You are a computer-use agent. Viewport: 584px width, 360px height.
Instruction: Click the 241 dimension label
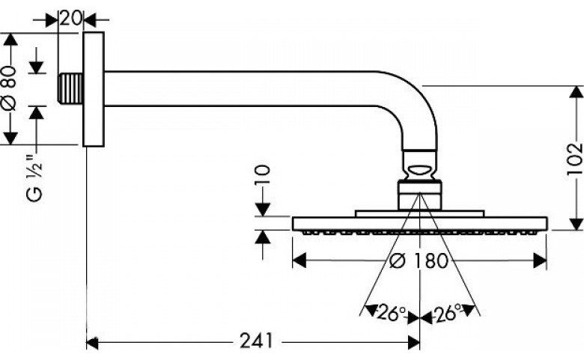(256, 341)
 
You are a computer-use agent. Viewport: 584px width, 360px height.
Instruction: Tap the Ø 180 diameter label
(419, 260)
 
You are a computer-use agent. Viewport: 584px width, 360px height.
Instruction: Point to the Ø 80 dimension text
(10, 88)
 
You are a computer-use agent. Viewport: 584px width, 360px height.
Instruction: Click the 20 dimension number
(71, 18)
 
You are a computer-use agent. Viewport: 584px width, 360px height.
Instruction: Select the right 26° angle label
(448, 313)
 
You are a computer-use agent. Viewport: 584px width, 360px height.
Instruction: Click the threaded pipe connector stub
(70, 88)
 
